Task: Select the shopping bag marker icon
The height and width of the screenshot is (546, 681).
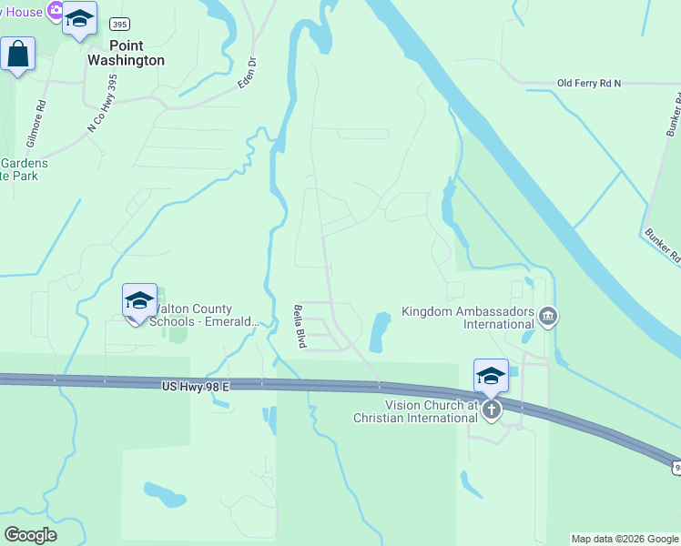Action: pyautogui.click(x=18, y=55)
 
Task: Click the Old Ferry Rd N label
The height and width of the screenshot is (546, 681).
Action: pyautogui.click(x=588, y=83)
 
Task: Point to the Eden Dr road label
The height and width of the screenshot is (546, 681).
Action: pyautogui.click(x=248, y=73)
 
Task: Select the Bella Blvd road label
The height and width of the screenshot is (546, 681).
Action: pyautogui.click(x=299, y=327)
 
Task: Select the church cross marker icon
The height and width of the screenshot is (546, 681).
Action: pyautogui.click(x=492, y=409)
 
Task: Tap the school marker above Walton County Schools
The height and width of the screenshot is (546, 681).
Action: pyautogui.click(x=139, y=301)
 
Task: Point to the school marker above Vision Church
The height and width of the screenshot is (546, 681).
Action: pyautogui.click(x=491, y=376)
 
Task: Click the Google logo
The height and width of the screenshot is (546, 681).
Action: pyautogui.click(x=30, y=535)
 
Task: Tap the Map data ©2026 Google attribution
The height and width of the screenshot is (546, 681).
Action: pyautogui.click(x=625, y=539)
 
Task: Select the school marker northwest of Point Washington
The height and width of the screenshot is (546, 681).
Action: pyautogui.click(x=79, y=18)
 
